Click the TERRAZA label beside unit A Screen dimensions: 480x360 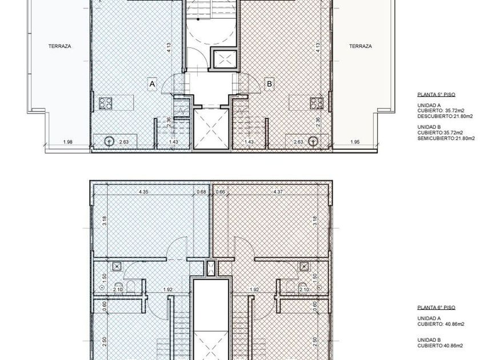point(59,46)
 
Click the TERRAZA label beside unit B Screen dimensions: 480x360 point(361,46)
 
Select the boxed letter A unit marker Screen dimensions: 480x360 point(152,84)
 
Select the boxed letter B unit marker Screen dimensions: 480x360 point(269,83)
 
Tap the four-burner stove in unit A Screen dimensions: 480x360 point(105,103)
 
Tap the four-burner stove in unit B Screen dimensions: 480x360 point(317,103)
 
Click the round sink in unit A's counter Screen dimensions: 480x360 point(109,142)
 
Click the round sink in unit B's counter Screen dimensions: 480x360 point(313,142)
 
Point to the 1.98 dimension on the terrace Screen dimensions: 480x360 point(67,142)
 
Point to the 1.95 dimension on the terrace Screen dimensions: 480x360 point(355,142)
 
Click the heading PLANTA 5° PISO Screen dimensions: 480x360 point(436,95)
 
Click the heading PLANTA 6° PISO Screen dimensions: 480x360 point(436,307)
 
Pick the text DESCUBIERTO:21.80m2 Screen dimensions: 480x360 point(445,117)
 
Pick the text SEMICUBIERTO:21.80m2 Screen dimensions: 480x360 point(446,138)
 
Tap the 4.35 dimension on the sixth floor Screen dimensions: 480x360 point(143,192)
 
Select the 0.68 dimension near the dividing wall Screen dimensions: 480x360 point(201,192)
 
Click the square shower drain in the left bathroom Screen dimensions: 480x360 point(117,267)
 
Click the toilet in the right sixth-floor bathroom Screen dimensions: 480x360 point(290,286)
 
